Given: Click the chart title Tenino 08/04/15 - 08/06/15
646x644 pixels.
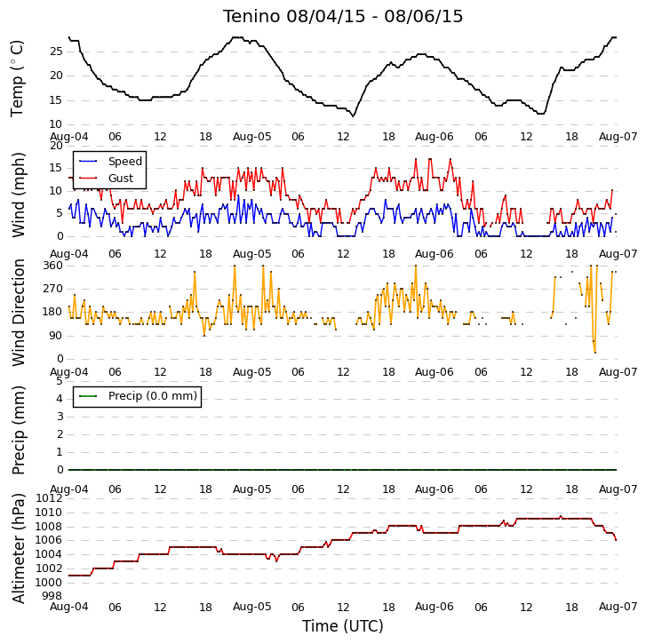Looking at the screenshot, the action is click(x=343, y=17).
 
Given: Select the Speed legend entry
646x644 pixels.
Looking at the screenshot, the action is click(x=110, y=162).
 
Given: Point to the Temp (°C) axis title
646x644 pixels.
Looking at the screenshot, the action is click(x=17, y=78).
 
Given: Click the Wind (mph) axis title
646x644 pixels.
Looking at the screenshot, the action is click(x=18, y=195).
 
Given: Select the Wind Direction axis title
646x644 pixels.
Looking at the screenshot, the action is click(x=18, y=313).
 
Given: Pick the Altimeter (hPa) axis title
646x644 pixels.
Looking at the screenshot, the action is click(x=18, y=548).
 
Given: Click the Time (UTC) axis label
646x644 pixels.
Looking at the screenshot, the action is click(x=343, y=626).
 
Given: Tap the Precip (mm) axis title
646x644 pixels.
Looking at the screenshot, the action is click(x=18, y=430).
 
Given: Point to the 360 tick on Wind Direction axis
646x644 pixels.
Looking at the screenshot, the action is click(x=52, y=266).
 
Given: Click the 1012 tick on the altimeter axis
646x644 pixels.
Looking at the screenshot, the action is click(x=49, y=498).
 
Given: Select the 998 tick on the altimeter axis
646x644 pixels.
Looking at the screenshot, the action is click(x=52, y=596).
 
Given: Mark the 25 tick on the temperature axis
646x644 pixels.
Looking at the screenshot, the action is click(x=56, y=52).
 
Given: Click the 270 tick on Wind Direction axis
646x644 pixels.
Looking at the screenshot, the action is click(x=52, y=289).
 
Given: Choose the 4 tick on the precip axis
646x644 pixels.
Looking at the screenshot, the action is click(x=60, y=399).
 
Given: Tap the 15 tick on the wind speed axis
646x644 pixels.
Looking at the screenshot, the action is click(x=56, y=168).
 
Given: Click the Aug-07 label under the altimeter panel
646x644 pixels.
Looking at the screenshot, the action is click(x=618, y=607).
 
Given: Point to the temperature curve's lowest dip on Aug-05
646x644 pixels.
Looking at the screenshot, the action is click(x=353, y=116).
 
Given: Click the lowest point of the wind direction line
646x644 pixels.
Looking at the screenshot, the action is click(x=595, y=353).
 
